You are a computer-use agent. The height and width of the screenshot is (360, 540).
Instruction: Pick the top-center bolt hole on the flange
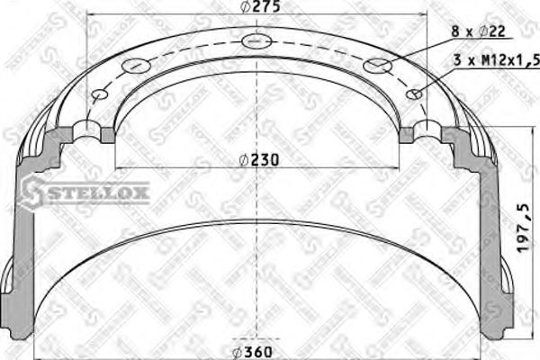256,40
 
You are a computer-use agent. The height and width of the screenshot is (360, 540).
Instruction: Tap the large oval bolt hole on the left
134,65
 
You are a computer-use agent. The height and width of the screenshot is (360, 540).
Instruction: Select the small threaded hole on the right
415,94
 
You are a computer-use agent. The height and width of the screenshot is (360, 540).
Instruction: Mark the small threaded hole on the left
99,94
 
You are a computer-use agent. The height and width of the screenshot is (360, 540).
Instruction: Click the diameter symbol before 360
237,351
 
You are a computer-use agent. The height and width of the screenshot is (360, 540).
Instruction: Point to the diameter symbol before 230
244,161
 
